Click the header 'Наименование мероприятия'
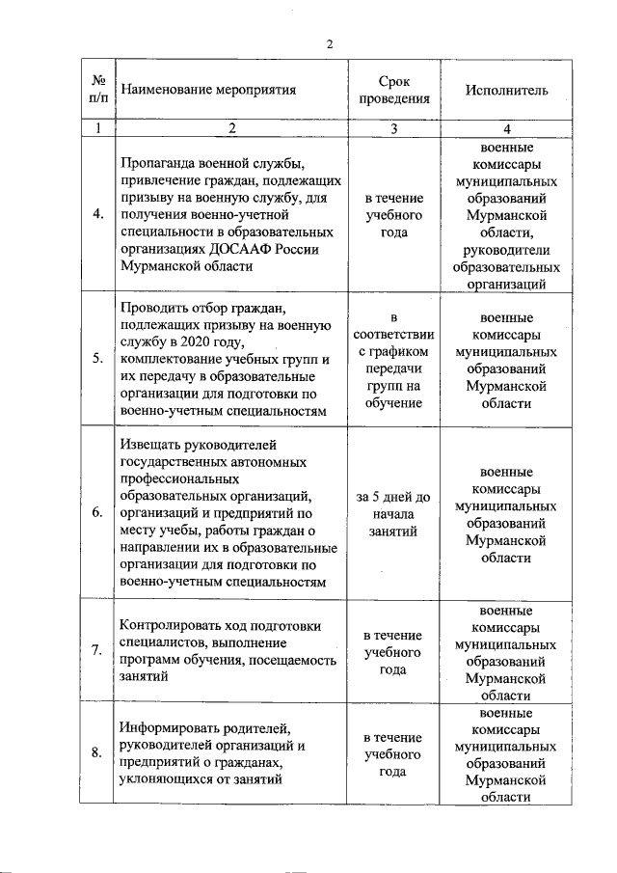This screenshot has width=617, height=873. click(207, 90)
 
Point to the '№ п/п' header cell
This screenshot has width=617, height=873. click(97, 90)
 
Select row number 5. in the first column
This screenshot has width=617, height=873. click(97, 360)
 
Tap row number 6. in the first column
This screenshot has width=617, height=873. click(97, 513)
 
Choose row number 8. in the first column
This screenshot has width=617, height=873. click(97, 752)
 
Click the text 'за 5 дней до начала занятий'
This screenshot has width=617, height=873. click(392, 514)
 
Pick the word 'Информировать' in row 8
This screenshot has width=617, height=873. click(171, 727)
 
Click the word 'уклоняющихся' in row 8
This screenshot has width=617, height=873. click(165, 780)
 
